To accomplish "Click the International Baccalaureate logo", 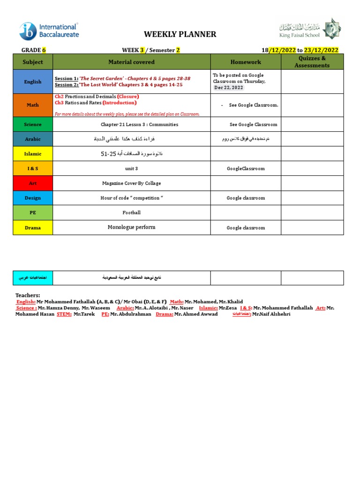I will point(49,31).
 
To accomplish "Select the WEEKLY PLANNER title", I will point(180,34).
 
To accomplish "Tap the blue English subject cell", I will point(33,82).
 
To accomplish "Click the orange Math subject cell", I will point(33,105).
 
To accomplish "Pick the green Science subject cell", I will point(33,125).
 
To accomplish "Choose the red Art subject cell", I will point(33,183).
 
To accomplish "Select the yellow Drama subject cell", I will point(33,228).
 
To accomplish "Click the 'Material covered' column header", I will point(131,62).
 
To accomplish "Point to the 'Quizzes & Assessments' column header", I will point(312,62).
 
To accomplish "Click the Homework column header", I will point(246,62).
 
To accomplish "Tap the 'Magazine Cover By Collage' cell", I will point(131,183).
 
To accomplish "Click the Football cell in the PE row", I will point(131,213).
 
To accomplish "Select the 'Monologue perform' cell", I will point(131,227).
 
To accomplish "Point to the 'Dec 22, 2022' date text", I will point(229,88).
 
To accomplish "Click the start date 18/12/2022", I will point(279,50).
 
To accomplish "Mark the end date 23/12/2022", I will point(321,50).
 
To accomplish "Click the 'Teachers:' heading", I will point(28,295).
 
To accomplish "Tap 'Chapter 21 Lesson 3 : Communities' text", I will point(139,125).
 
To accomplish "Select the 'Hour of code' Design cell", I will point(131,198).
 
